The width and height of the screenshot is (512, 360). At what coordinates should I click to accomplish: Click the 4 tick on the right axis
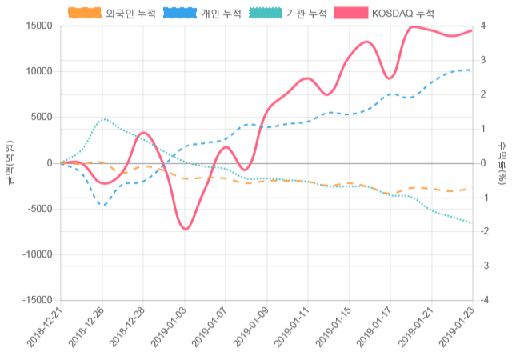pos(482,26)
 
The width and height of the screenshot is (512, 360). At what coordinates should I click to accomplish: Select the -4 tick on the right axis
pos(481,300)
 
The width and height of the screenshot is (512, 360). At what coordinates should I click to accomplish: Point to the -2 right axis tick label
pos(481,231)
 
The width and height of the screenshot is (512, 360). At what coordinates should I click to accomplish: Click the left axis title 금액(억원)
pos(9,162)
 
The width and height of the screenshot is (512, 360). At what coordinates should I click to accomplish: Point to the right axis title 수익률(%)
pos(502,162)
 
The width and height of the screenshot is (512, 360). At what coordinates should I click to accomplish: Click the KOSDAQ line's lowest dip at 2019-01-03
pos(186,230)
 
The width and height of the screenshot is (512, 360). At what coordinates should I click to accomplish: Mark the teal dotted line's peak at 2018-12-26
pos(103,119)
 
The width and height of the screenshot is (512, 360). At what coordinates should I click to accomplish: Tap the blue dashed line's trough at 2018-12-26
pos(102,206)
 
